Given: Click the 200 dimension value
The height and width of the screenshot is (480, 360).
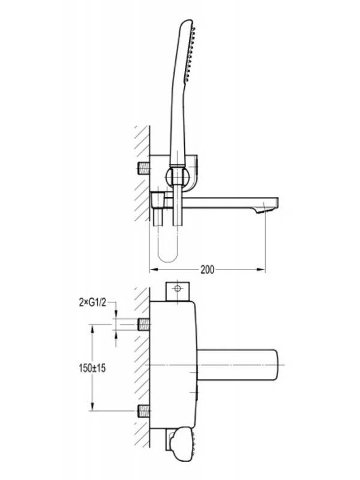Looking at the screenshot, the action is click(207, 269).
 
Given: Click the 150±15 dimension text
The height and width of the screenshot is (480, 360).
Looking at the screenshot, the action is click(92, 368).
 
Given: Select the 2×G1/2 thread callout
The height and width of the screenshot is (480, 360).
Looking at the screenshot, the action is click(92, 303).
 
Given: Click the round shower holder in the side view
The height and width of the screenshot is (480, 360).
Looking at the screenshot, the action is click(177, 176).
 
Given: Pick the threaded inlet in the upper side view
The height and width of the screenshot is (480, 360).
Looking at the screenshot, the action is click(144, 168).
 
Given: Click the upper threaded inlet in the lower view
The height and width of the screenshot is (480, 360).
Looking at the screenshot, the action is click(144, 324).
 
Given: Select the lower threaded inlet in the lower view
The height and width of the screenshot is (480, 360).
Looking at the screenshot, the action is click(144, 410).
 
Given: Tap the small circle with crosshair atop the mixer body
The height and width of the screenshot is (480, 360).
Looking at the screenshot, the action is click(177, 289).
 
